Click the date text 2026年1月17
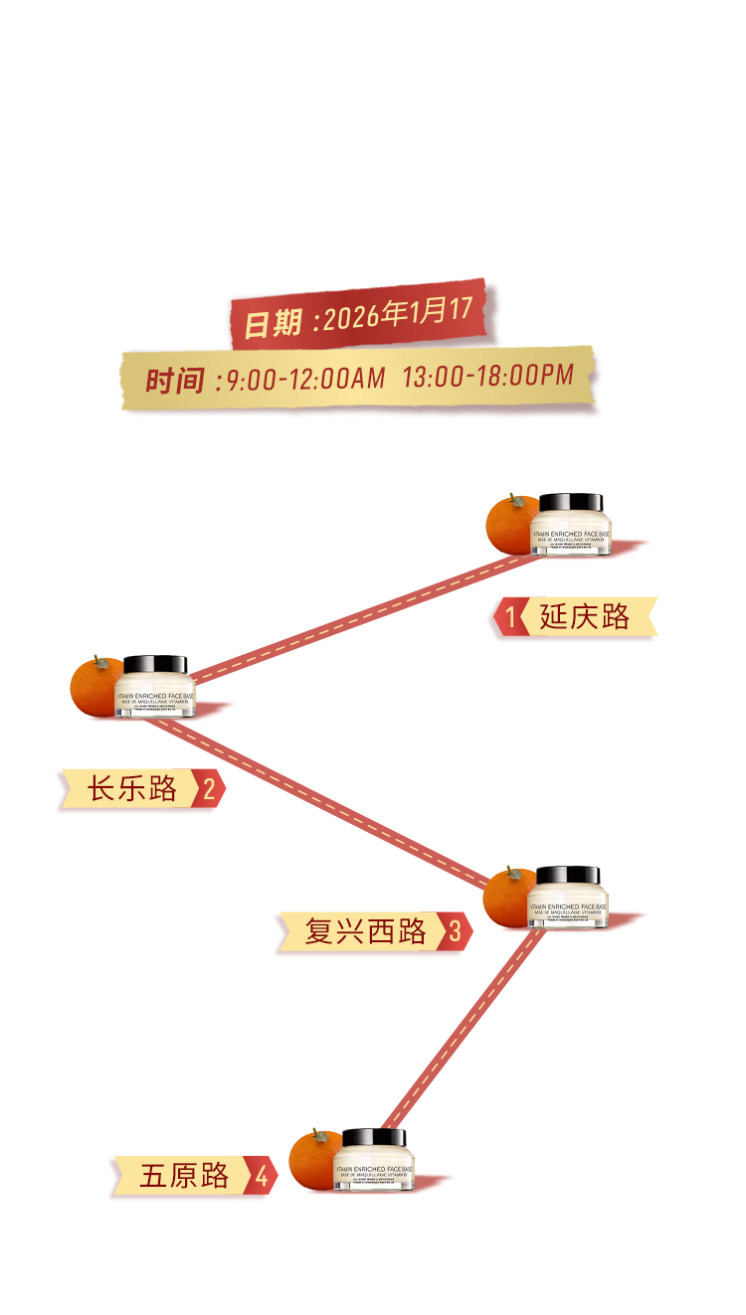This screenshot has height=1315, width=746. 398,314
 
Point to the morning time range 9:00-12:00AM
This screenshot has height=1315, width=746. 305,378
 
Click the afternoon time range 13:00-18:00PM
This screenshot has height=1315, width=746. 488,375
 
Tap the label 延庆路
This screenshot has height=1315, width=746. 585,617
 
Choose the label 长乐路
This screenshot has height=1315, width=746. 132,789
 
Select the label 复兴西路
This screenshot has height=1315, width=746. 365,932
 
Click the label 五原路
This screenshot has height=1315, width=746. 184,1177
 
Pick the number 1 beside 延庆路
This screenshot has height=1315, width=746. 511,618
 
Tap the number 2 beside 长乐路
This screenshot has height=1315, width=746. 209,790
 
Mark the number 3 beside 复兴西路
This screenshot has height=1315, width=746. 455,932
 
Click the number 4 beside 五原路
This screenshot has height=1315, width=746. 261,1178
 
